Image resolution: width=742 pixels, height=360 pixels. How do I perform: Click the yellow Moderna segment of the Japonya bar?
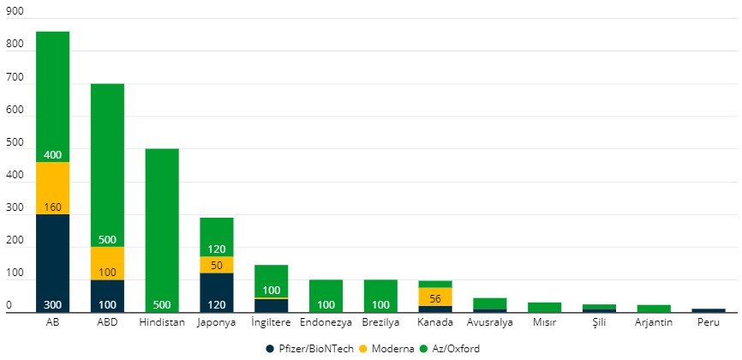click(217, 265)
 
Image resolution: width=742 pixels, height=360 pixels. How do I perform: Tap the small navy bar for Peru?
click(708, 310)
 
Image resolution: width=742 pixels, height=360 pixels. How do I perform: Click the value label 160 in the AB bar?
click(52, 207)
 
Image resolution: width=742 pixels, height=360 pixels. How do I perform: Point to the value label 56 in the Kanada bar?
click(435, 298)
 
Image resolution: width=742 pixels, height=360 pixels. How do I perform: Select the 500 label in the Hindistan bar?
click(162, 305)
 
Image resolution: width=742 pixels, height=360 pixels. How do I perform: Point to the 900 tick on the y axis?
click(15, 13)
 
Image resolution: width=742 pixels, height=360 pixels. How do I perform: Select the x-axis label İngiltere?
click(271, 323)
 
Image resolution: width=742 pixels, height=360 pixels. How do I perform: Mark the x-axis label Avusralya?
click(490, 323)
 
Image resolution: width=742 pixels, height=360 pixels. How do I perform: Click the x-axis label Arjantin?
click(654, 323)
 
